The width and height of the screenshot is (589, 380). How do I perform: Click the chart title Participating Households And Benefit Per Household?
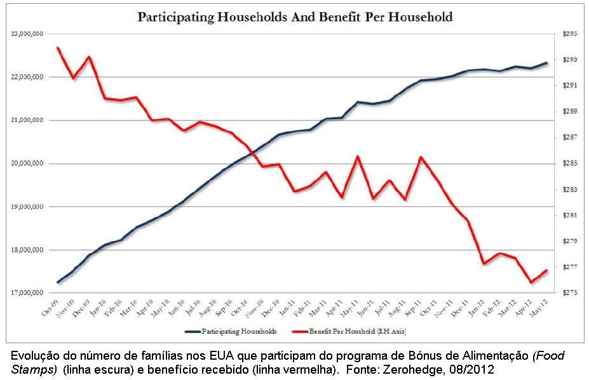(x=295, y=17)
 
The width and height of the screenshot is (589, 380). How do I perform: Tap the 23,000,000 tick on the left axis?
(x=27, y=34)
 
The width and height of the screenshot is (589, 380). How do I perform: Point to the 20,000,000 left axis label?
(x=27, y=164)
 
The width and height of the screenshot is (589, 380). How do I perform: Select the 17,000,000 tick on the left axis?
(x=27, y=293)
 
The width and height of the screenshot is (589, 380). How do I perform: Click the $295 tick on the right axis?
(x=565, y=34)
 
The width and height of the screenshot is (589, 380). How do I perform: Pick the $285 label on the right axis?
(x=565, y=164)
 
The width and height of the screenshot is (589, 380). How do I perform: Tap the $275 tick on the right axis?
(x=565, y=293)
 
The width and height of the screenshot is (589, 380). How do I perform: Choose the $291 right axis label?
(x=565, y=86)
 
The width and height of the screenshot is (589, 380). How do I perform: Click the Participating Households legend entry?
(x=239, y=332)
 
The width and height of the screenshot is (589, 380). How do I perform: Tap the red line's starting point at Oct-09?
(x=58, y=48)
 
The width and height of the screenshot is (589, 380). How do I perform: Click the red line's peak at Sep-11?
(x=421, y=157)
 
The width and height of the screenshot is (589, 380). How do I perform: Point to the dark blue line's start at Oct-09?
(x=58, y=282)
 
